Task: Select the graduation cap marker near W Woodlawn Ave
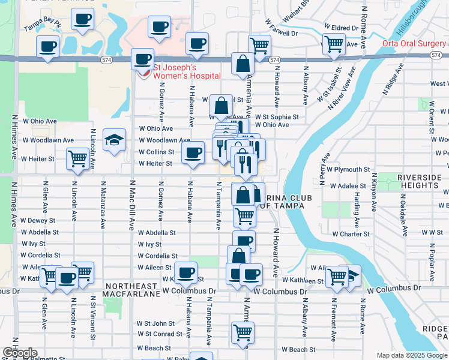tap(115, 140)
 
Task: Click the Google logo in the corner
tap(19, 353)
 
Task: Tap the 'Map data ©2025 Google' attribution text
tap(411, 355)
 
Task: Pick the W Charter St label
tap(352, 234)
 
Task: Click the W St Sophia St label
tap(277, 117)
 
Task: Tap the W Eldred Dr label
tap(340, 28)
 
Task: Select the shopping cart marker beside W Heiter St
tap(78, 158)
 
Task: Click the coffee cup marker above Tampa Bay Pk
tap(82, 18)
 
